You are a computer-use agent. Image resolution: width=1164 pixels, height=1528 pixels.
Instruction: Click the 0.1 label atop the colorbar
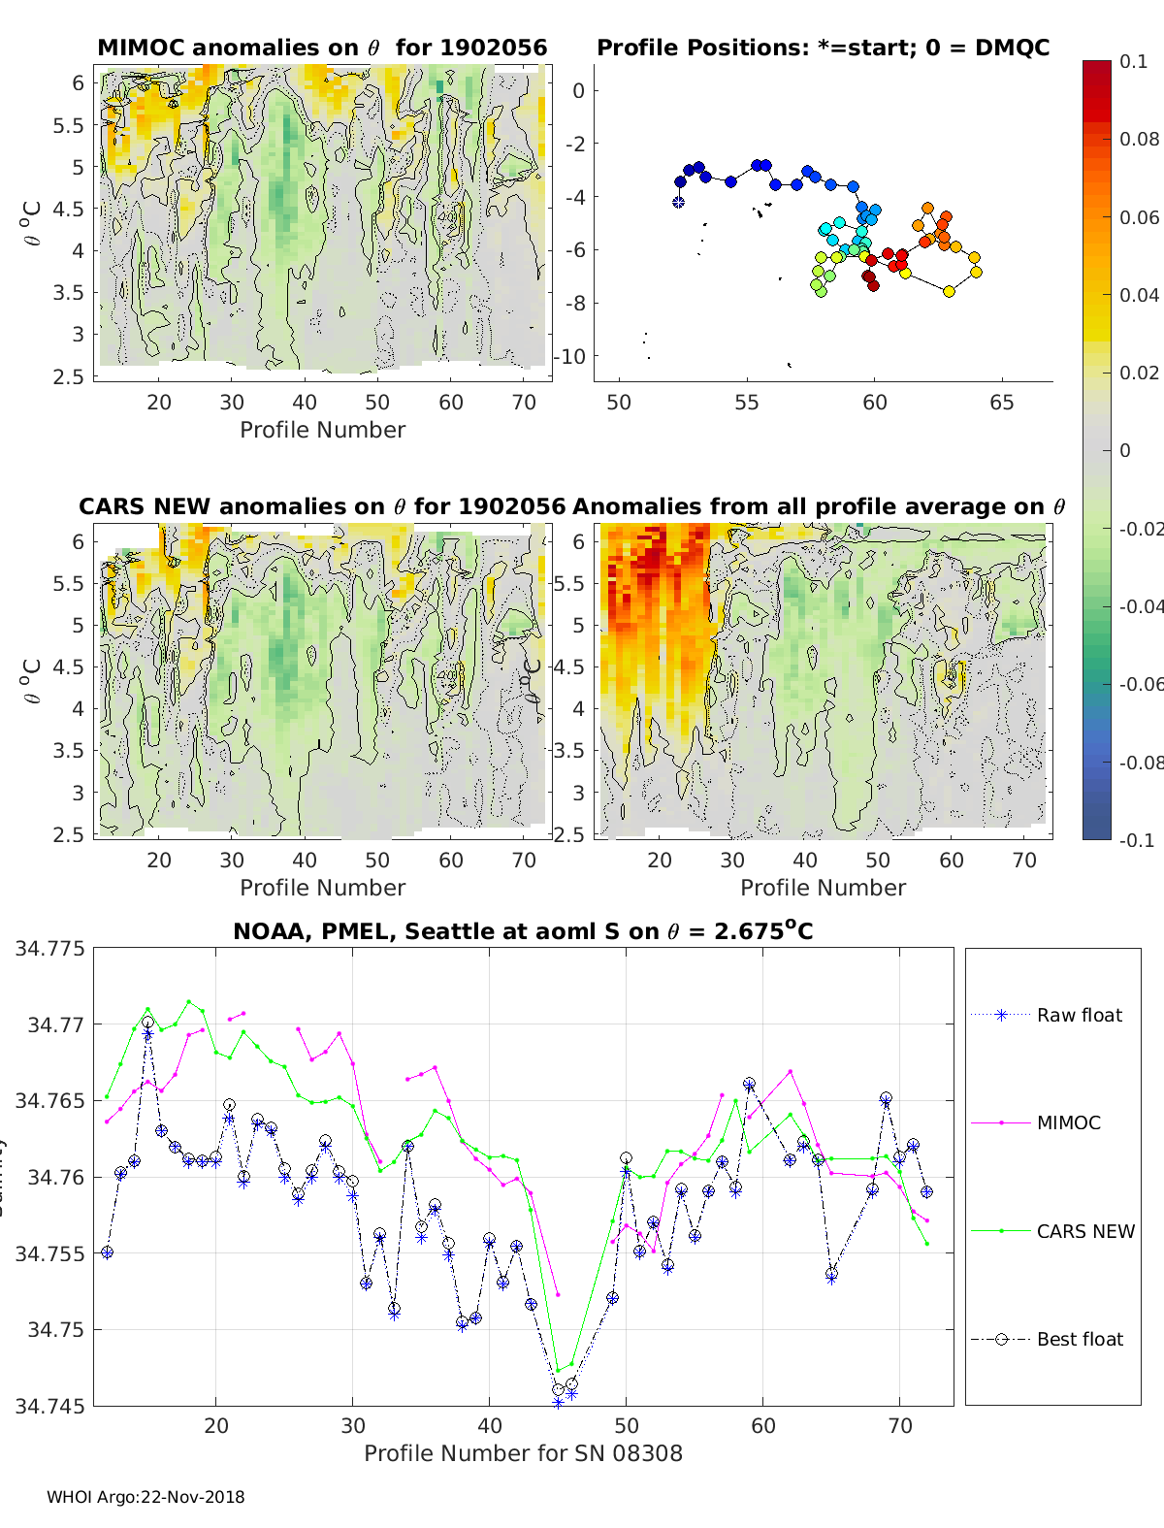tap(1133, 61)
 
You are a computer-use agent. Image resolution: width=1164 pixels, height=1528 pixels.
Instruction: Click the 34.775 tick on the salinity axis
tap(49, 948)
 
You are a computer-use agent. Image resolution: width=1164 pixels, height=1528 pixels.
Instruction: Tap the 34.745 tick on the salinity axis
tap(49, 1406)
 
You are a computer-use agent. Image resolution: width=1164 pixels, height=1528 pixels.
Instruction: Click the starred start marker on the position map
tap(679, 202)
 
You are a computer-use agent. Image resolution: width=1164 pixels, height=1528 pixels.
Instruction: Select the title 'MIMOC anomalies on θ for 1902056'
tap(322, 48)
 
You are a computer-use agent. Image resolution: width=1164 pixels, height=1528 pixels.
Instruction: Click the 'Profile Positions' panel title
tap(823, 48)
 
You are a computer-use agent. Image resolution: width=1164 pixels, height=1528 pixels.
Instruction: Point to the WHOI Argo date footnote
tap(145, 1497)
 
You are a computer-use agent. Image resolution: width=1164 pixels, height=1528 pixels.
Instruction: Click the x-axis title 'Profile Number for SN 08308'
tap(523, 1453)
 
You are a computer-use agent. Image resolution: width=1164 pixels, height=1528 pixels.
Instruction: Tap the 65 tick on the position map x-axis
tap(1002, 402)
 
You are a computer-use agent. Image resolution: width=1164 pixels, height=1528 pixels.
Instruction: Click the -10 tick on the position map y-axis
tap(570, 356)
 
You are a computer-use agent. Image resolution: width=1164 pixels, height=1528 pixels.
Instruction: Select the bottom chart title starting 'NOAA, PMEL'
tap(523, 931)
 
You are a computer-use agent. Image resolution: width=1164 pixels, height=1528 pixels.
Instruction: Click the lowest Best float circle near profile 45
tap(558, 1390)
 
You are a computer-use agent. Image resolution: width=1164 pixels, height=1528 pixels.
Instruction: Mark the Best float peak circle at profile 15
tap(147, 1023)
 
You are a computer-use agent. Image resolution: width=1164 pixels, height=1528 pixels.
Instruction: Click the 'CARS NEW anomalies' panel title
tap(322, 506)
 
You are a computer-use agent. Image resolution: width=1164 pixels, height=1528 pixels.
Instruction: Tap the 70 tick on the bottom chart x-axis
tap(900, 1425)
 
